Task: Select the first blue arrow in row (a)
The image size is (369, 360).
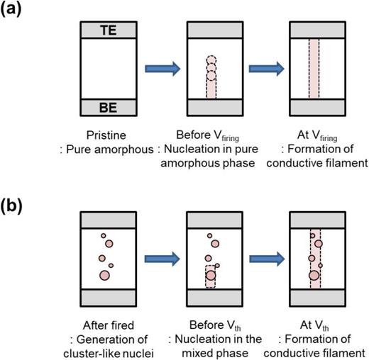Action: tap(163, 69)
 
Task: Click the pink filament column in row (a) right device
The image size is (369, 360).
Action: tap(317, 69)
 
